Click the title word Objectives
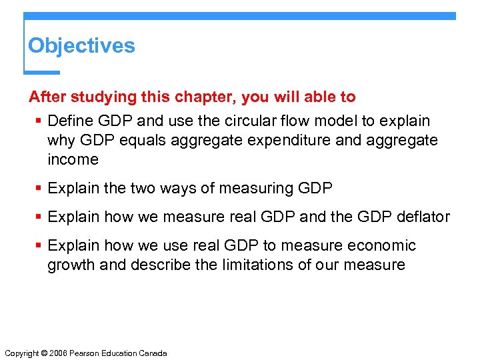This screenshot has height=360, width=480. tap(81, 46)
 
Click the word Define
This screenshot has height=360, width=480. tap(70, 121)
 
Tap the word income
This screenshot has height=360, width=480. tap(73, 159)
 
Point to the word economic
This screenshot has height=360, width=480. tap(379, 246)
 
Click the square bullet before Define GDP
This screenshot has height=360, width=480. tap(39, 121)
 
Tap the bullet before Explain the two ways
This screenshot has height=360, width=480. tap(39, 189)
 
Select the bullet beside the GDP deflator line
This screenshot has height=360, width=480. tap(39, 217)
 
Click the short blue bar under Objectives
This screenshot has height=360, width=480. tap(41, 72)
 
